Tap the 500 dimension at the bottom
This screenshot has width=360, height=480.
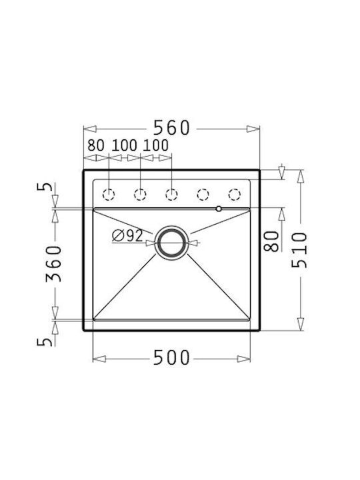171,357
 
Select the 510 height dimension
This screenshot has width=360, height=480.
299,250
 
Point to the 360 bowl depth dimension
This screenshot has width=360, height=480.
54,263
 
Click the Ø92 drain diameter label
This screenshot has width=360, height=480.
127,236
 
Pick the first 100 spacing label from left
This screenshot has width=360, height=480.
124,145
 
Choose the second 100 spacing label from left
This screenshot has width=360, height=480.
155,145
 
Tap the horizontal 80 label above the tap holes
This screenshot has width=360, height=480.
96,145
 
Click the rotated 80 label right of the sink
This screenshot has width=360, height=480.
271,241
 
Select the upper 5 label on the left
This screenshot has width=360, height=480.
45,187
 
